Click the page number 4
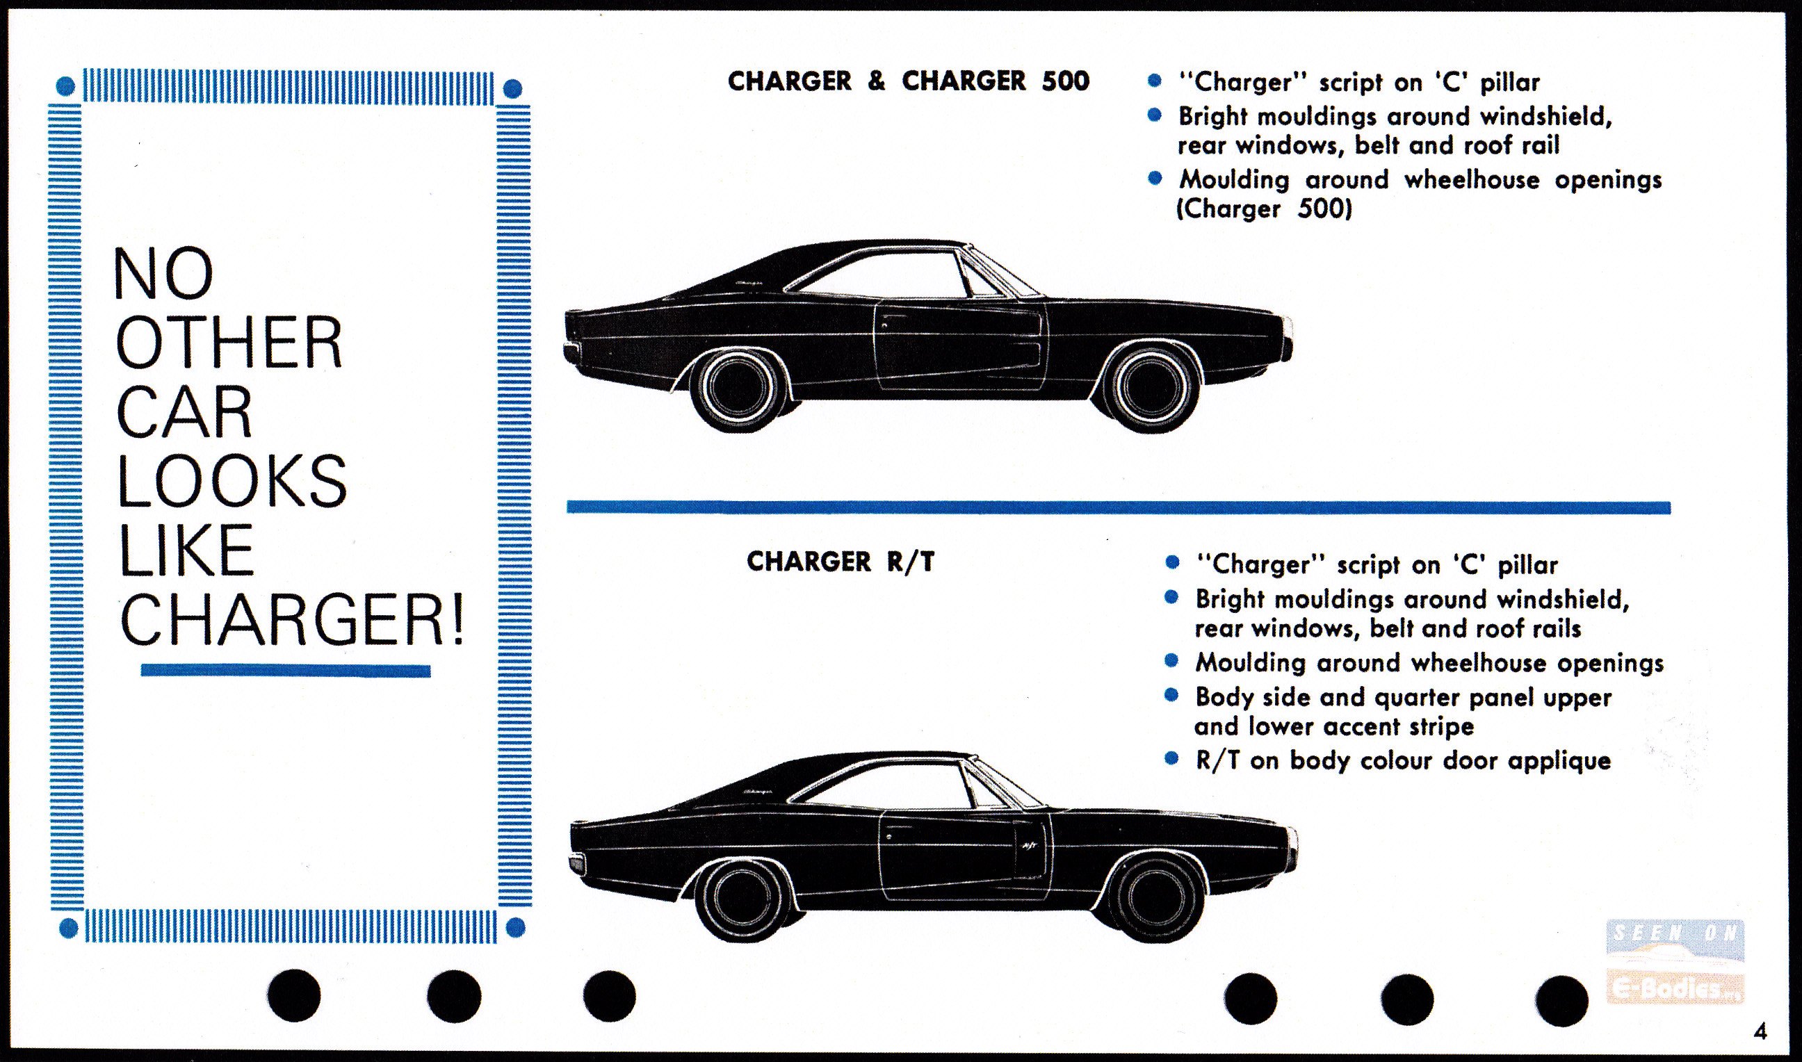tap(1761, 1031)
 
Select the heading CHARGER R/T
tap(841, 562)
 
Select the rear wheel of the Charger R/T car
tap(740, 899)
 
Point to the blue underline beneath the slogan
tap(286, 671)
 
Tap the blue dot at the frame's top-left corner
tap(65, 88)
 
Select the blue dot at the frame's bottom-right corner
tap(515, 929)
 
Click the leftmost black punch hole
tap(294, 995)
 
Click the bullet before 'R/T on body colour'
tap(1171, 758)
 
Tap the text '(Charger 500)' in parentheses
tap(1265, 209)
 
